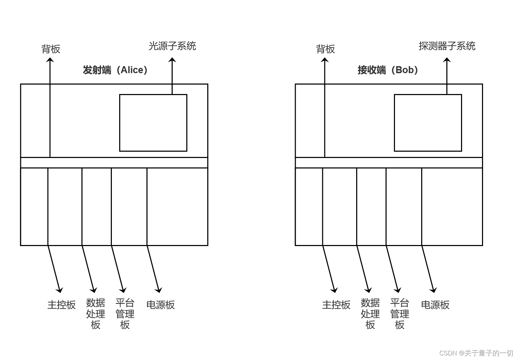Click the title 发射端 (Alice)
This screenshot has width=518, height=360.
click(115, 70)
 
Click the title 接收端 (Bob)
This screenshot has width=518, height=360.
click(388, 70)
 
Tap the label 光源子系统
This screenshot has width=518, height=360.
click(172, 46)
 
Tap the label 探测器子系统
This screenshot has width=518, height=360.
click(447, 46)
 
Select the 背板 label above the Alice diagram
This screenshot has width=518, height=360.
click(51, 49)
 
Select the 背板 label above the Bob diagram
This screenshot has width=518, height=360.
click(325, 49)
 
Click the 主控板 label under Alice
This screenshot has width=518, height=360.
click(62, 305)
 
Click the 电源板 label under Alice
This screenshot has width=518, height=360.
click(160, 305)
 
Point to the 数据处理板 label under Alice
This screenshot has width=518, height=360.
click(95, 314)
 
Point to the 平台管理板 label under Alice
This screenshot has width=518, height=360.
click(125, 314)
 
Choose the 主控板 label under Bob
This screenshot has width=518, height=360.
click(336, 305)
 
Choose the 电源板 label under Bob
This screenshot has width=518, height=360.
click(435, 305)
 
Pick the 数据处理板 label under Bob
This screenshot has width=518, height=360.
click(370, 314)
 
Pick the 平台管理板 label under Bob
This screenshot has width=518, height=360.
click(400, 314)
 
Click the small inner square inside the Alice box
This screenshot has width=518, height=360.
click(153, 123)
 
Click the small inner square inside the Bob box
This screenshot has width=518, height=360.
click(428, 123)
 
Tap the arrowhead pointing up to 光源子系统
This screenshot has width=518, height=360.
click(172, 60)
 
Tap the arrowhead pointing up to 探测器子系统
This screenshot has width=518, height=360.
click(447, 60)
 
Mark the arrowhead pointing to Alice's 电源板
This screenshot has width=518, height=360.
click(159, 290)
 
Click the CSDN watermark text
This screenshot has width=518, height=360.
click(476, 353)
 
